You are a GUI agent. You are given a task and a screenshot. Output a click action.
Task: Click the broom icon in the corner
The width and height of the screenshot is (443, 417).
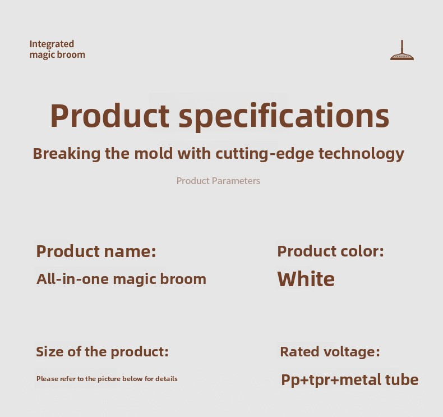pyautogui.click(x=402, y=51)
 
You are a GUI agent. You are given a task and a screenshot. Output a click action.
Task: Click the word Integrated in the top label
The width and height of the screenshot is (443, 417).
pyautogui.click(x=52, y=44)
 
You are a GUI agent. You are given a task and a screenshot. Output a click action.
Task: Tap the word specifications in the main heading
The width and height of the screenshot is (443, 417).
pyautogui.click(x=284, y=116)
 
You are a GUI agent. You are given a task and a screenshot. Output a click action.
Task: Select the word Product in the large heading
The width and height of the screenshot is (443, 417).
pyautogui.click(x=110, y=116)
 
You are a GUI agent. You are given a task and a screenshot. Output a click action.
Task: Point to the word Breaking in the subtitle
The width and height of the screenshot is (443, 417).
pyautogui.click(x=67, y=154)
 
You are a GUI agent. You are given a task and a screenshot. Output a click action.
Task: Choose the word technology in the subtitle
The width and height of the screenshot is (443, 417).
pyautogui.click(x=361, y=154)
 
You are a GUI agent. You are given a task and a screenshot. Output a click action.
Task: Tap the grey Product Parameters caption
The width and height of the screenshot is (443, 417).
pyautogui.click(x=218, y=181)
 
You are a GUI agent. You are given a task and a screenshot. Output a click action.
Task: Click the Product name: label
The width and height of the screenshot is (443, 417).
pyautogui.click(x=96, y=251)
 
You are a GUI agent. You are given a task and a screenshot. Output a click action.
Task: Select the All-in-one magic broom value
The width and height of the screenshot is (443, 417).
pyautogui.click(x=121, y=279)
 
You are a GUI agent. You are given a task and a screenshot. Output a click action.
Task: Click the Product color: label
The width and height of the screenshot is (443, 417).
pyautogui.click(x=330, y=251)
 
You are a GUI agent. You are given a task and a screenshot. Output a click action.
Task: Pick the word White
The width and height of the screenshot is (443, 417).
pyautogui.click(x=306, y=279)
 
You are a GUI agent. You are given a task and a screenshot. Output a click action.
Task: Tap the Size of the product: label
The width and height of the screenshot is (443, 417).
pyautogui.click(x=102, y=352)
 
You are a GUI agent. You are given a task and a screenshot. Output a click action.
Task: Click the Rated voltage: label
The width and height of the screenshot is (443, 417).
pyautogui.click(x=330, y=352)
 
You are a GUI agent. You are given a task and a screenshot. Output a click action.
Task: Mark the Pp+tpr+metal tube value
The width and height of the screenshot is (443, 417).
pyautogui.click(x=350, y=380)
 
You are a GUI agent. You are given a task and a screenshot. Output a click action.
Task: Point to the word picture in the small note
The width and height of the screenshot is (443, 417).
pyautogui.click(x=109, y=379)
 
